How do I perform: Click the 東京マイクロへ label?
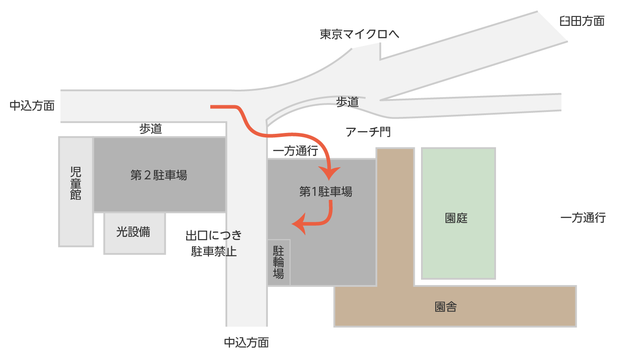[359, 34]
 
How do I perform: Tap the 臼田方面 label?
[582, 21]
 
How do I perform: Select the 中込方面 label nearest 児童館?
[32, 106]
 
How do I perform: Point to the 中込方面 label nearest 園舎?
[246, 343]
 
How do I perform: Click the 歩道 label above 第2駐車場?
[150, 129]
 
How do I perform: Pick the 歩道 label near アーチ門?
[347, 102]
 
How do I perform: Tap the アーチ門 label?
[368, 132]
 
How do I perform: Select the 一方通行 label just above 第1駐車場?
[295, 151]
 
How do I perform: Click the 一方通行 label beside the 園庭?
[583, 218]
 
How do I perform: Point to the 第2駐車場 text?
[158, 175]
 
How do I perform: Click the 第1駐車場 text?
[325, 192]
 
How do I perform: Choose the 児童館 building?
[76, 191]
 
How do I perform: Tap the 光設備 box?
[134, 232]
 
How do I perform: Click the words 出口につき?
[213, 235]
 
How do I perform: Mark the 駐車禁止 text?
[214, 252]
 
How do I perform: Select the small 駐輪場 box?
[279, 262]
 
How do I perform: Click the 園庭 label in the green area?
[456, 218]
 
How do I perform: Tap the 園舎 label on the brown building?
[445, 307]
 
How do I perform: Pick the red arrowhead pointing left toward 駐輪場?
[298, 224]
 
